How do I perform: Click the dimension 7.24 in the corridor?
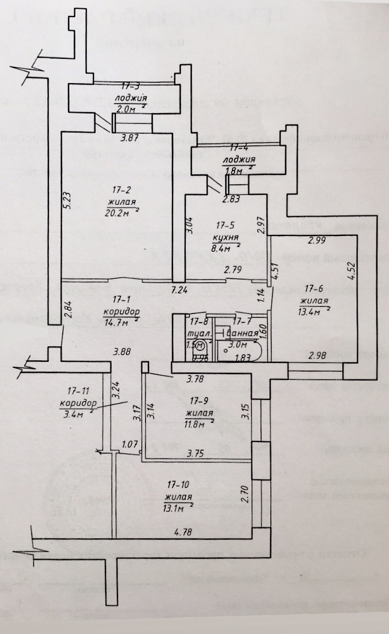click(179, 289)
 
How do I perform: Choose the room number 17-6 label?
click(314, 288)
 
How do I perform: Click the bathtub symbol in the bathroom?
click(241, 351)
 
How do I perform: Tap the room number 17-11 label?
click(77, 392)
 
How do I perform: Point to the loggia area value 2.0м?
click(126, 109)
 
